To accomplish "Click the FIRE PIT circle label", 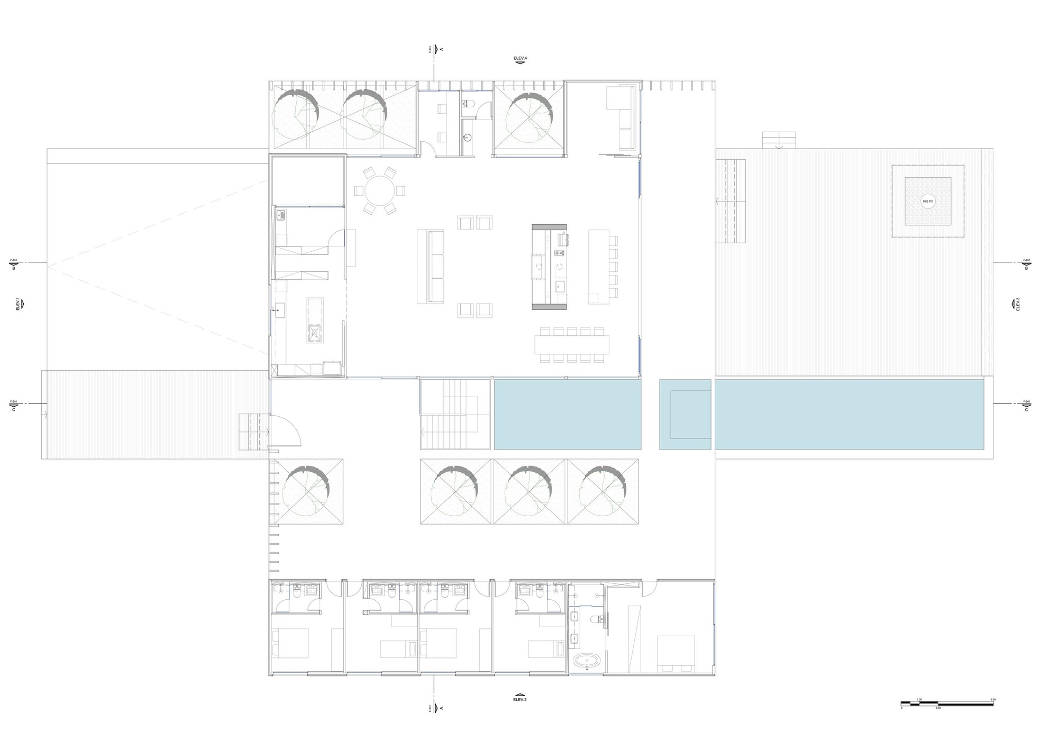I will (927, 202).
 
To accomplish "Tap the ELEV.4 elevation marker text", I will (520, 57).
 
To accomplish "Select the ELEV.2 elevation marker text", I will (520, 699).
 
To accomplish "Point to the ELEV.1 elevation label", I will (17, 305).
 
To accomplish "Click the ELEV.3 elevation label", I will (1017, 304).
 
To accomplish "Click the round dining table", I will (380, 190).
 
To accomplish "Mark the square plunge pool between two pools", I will (685, 415).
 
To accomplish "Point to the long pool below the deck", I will (849, 414).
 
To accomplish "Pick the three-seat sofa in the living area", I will (430, 266).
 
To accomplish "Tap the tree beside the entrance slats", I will (306, 491).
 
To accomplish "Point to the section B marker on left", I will (14, 264).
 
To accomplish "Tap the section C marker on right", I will (1026, 406).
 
